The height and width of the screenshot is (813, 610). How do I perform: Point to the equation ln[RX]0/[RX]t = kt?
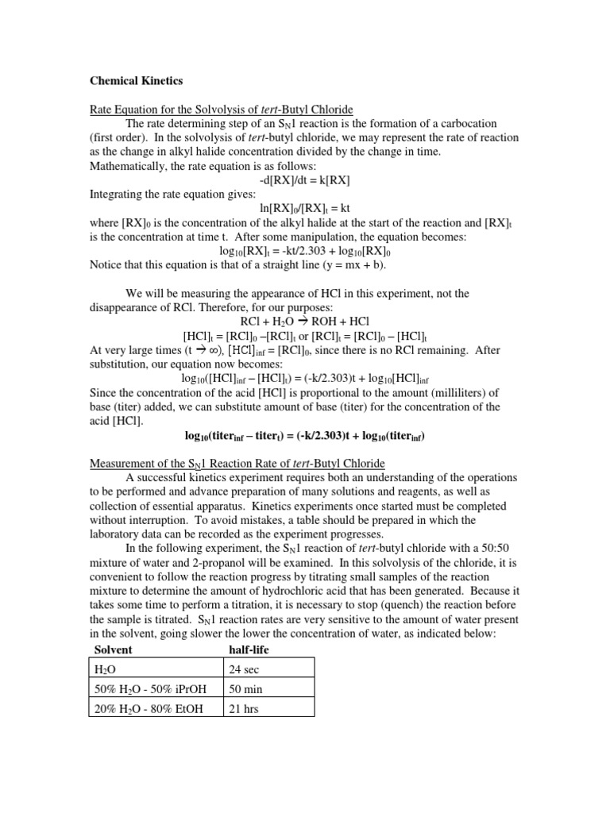[x=304, y=208]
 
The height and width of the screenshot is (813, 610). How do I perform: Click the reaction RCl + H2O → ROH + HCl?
[x=304, y=322]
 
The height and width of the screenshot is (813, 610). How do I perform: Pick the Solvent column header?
[x=114, y=649]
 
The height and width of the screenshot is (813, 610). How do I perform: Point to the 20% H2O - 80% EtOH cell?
[x=145, y=708]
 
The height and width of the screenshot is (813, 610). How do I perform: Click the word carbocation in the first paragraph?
[x=464, y=123]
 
